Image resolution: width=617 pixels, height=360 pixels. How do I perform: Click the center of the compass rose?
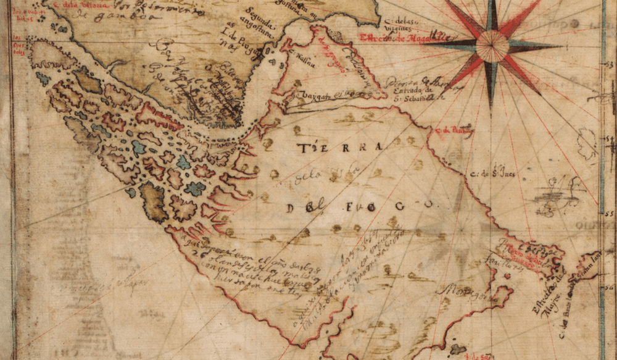492,44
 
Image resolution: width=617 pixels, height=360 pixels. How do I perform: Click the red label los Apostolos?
19,48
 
